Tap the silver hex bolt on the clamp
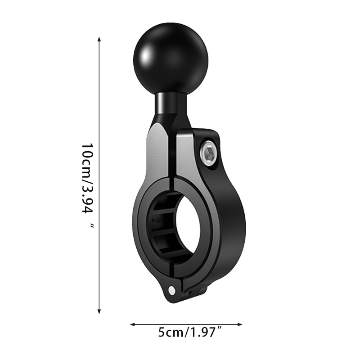[209, 152]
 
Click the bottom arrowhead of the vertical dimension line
[99, 311]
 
